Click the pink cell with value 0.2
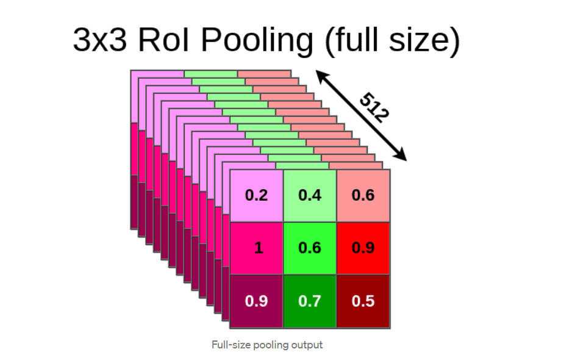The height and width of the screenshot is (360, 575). (x=256, y=195)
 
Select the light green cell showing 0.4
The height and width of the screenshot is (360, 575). (x=310, y=195)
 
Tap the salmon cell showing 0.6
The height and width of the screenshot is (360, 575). (x=363, y=195)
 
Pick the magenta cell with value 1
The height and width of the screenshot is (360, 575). (x=256, y=248)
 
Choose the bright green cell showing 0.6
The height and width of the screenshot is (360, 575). (x=310, y=248)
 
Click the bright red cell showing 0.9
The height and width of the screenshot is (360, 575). (x=363, y=248)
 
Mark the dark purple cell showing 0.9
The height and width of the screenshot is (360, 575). (x=256, y=301)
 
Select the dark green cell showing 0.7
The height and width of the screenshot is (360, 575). (x=310, y=301)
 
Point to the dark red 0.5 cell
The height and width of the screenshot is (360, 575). (x=363, y=301)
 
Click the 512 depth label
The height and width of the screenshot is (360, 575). (x=374, y=107)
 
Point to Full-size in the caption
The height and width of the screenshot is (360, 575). (x=228, y=345)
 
